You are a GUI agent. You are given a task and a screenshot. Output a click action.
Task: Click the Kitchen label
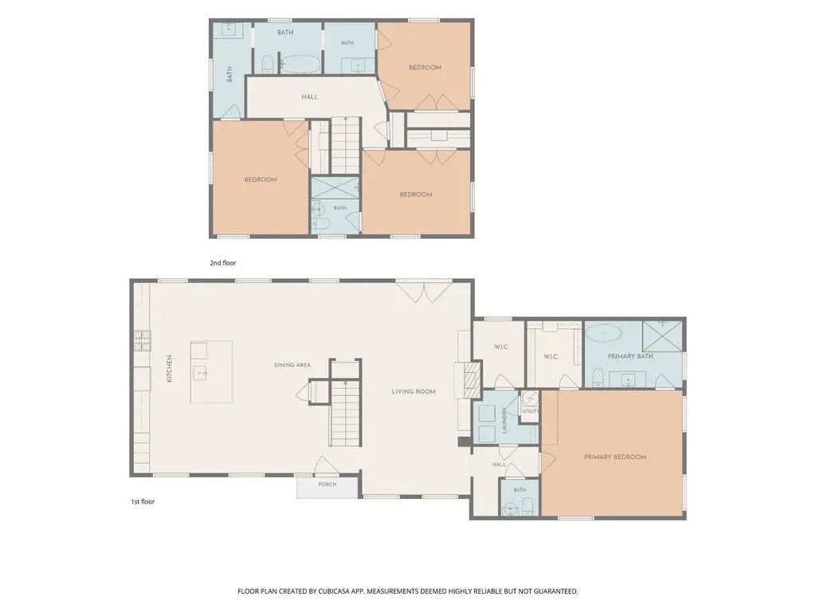(169, 369)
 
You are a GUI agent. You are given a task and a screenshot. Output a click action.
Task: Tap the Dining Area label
(292, 365)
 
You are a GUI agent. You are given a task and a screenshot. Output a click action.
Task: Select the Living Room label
(414, 391)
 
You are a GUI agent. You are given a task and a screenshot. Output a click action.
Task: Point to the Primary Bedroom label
(614, 457)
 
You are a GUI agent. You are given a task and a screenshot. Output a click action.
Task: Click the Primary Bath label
(630, 356)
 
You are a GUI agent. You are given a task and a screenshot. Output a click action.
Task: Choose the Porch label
(328, 484)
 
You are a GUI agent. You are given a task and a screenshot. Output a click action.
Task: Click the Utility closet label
(530, 411)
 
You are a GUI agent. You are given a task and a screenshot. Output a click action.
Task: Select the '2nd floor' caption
(223, 263)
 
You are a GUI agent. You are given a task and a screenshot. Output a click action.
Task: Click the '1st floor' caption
(143, 502)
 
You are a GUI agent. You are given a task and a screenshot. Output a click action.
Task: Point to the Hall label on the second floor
(310, 96)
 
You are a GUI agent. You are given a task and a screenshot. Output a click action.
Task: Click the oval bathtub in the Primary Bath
(604, 333)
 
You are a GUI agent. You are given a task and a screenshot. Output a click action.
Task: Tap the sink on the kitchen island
(200, 372)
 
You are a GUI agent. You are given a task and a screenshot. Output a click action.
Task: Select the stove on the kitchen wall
(142, 341)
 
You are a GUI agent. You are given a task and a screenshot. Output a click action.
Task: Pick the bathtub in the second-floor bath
(300, 64)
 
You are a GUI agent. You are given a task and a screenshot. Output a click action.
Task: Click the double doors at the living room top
(424, 292)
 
